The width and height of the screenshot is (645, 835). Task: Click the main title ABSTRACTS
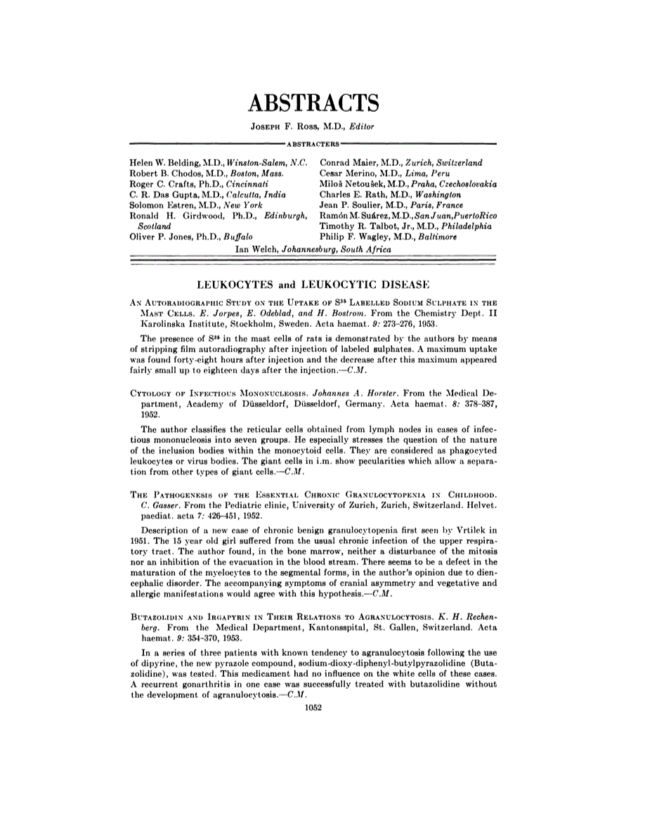point(313,103)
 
